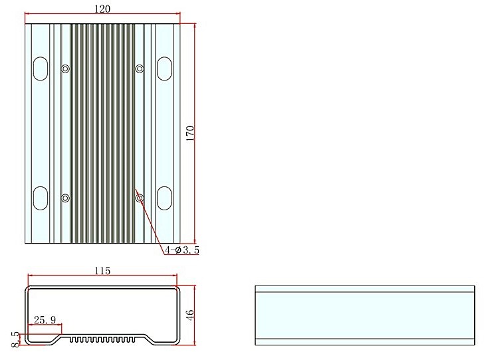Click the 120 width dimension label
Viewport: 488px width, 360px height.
tap(102, 8)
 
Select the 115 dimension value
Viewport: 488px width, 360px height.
tap(102, 270)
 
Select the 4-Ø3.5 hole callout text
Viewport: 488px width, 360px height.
tap(182, 250)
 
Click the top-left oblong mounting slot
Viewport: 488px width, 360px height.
tap(41, 69)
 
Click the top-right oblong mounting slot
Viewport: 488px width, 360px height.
tap(164, 69)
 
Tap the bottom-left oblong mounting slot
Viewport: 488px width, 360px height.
tap(41, 198)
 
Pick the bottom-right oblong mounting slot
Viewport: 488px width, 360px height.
tap(164, 198)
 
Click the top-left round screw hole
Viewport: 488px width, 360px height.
tap(65, 69)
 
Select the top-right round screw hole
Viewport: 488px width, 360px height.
tap(140, 69)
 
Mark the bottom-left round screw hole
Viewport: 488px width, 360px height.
tap(65, 198)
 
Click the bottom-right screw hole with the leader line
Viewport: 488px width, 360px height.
tap(140, 198)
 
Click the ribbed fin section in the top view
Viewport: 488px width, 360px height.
tap(102, 133)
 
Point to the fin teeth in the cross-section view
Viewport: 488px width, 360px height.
tap(102, 339)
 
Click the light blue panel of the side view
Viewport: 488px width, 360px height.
tap(365, 315)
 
